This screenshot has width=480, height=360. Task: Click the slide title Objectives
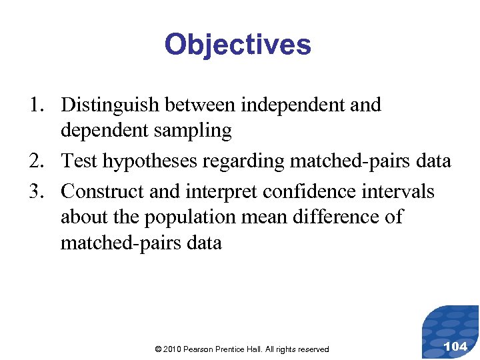237,45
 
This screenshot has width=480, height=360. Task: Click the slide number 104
455,346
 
